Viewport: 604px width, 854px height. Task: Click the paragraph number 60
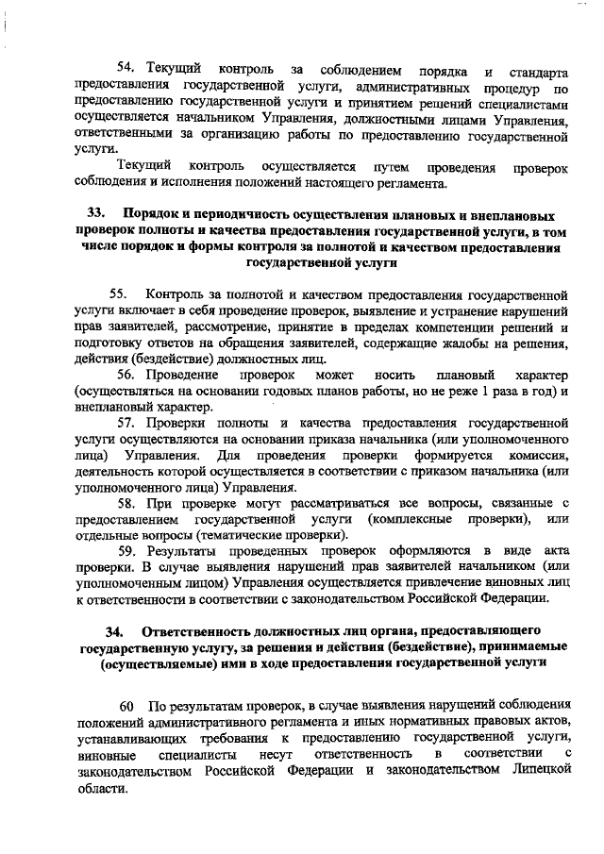(127, 707)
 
